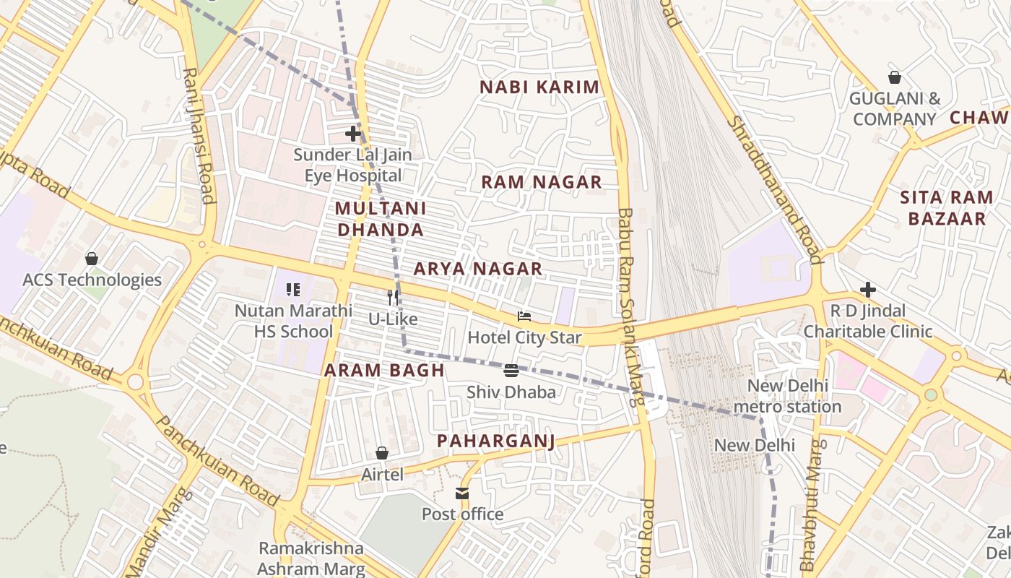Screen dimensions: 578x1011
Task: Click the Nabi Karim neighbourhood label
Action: coord(539,87)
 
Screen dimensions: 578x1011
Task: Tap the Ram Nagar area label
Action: coord(542,182)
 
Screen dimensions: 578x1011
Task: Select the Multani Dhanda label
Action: coord(380,219)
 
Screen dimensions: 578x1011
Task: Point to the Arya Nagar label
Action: coord(477,269)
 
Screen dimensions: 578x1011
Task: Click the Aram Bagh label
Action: coord(383,371)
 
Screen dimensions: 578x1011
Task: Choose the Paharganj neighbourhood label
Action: coord(495,441)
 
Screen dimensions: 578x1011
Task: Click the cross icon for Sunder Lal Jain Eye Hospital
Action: coord(353,134)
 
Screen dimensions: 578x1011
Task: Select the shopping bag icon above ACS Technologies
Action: coord(92,259)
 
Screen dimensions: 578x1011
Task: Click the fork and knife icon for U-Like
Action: coord(393,297)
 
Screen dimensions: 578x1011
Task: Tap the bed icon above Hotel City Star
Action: coord(524,316)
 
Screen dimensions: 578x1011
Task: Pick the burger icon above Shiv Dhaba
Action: coord(511,371)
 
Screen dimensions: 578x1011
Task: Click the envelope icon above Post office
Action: coord(462,493)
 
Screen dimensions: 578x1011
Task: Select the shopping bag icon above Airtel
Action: coord(382,453)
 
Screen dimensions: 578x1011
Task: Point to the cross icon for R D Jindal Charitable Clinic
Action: coord(868,290)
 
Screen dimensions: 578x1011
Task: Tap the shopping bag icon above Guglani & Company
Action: coord(895,77)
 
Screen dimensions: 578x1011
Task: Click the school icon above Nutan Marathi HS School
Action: coord(293,290)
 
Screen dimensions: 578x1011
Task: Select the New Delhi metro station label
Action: coord(787,396)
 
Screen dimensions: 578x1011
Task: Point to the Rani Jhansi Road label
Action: coord(199,136)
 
